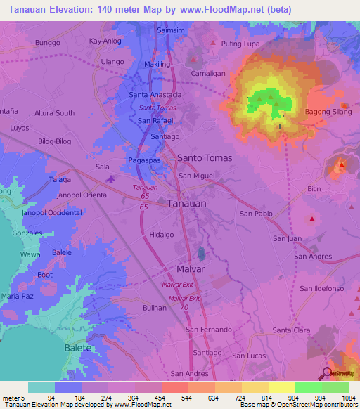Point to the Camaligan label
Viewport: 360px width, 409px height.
pyautogui.click(x=208, y=73)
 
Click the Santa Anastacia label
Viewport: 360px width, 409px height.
pyautogui.click(x=156, y=95)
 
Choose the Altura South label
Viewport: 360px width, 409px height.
pyautogui.click(x=55, y=113)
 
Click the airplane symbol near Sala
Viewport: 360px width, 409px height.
pyautogui.click(x=110, y=179)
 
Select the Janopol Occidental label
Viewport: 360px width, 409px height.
pyautogui.click(x=52, y=212)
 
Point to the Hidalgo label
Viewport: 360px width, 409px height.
pyautogui.click(x=161, y=235)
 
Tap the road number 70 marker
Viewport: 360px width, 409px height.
pyautogui.click(x=184, y=308)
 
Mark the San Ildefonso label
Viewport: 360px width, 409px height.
pyautogui.click(x=321, y=289)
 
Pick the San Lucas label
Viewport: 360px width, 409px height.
pyautogui.click(x=248, y=356)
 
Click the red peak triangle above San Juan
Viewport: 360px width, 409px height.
pyautogui.click(x=311, y=220)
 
